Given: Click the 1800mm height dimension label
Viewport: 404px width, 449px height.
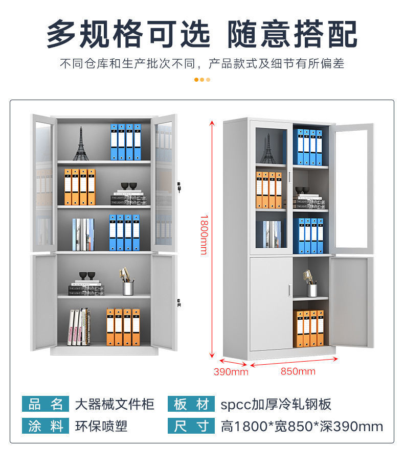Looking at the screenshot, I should coord(204,234).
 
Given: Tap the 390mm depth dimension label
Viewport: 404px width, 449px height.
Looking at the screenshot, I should coord(231,372).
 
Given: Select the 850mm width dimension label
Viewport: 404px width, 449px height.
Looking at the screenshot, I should coord(298,371).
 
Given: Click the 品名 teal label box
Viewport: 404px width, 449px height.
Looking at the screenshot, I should coord(45,405).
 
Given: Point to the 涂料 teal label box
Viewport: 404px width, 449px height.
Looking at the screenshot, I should coord(45,426).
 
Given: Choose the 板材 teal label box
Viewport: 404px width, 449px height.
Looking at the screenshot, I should coord(191,405).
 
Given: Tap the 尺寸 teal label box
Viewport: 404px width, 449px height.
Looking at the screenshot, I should coord(191,426).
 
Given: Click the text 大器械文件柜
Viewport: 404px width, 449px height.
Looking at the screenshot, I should coord(115,405).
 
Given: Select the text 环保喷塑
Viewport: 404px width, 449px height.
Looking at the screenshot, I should coord(101,426).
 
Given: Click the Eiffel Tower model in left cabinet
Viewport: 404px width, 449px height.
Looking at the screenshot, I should coord(80,144).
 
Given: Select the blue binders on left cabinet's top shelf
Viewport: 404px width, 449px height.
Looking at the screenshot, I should coord(125,142).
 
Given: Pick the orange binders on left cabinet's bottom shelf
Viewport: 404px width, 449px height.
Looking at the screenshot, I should coord(123,327).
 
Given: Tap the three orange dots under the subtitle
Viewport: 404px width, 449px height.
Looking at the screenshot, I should coord(202,79).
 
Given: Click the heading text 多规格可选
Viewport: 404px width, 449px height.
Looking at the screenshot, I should coord(128,35).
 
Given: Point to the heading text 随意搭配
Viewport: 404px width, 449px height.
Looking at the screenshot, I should coord(292,35).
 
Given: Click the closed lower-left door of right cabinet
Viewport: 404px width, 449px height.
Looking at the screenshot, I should coord(271,303).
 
